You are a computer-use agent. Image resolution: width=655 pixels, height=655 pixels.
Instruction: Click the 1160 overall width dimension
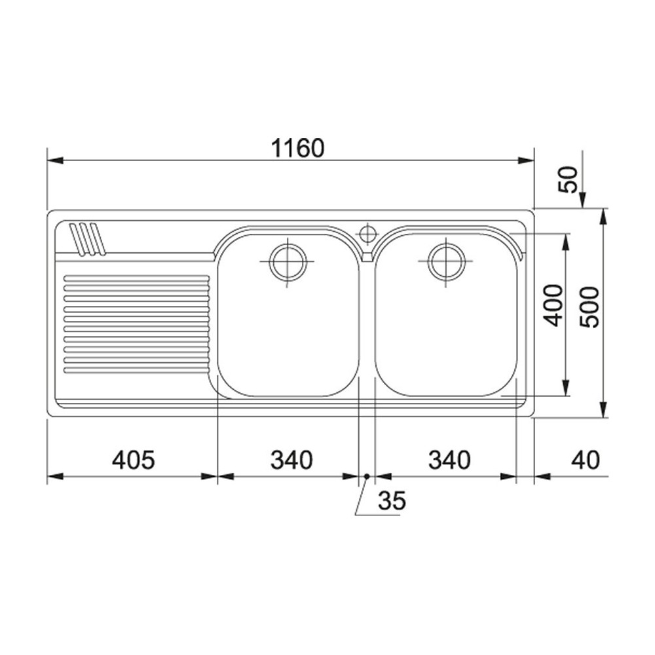(298, 149)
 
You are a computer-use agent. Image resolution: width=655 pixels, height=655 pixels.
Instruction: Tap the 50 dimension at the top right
(571, 179)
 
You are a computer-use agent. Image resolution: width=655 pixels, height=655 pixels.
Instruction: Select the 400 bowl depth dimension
(553, 305)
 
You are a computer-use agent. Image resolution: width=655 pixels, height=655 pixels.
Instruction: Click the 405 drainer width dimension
(134, 460)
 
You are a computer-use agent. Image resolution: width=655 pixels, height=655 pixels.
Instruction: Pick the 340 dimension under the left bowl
(292, 460)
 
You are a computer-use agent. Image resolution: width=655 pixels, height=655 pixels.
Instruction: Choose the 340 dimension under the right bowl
(449, 460)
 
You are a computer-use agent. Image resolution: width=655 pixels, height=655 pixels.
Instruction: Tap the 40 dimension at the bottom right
(585, 460)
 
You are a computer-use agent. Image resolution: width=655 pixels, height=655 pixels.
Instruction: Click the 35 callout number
(392, 501)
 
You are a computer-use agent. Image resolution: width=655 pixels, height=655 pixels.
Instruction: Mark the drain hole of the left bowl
(288, 262)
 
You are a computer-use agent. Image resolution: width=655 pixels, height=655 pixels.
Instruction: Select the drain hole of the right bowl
(447, 262)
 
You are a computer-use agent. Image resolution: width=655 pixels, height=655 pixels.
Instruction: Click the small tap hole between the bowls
(368, 233)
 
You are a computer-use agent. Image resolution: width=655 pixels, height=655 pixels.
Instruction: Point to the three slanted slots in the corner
(87, 239)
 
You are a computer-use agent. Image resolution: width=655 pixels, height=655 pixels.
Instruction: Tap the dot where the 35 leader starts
(367, 476)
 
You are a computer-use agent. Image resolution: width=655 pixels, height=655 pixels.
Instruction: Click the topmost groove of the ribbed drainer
(136, 278)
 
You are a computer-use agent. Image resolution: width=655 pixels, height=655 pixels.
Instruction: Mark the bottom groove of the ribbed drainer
(136, 371)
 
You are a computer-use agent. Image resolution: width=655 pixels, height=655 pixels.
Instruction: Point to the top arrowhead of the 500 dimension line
(603, 217)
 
